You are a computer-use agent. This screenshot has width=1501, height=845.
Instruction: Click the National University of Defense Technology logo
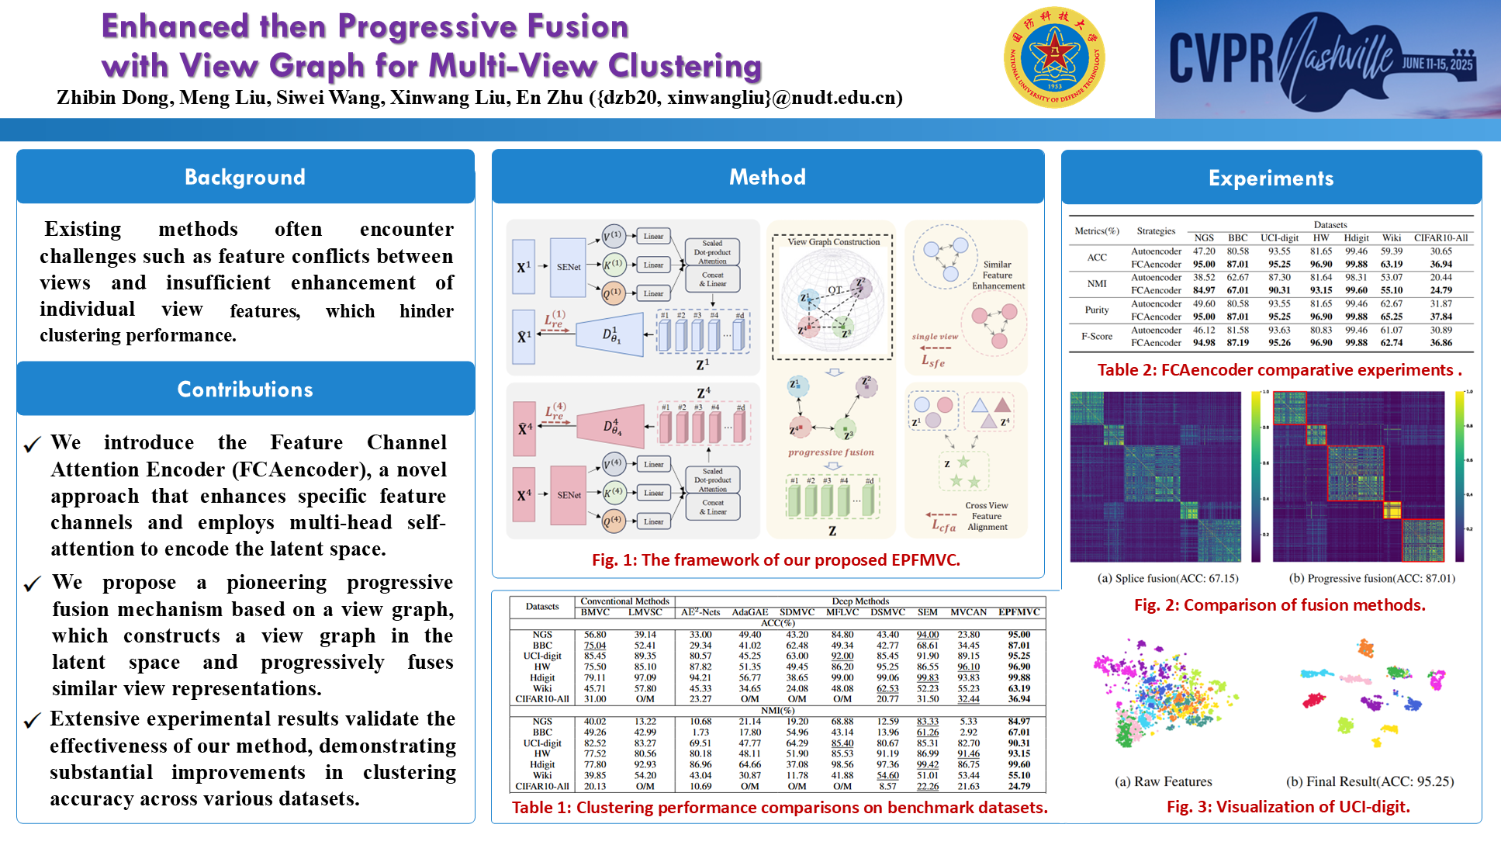point(1053,57)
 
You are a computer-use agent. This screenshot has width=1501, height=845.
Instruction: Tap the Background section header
point(245,177)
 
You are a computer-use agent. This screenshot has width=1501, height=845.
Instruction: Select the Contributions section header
point(245,389)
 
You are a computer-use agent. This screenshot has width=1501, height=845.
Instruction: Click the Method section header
point(767,177)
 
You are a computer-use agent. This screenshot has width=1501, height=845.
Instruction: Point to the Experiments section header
point(1271,178)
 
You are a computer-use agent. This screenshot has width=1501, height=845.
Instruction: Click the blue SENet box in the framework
point(569,267)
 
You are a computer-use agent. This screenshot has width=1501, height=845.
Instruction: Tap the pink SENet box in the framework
point(569,495)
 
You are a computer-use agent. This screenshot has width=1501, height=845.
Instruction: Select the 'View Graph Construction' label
point(834,242)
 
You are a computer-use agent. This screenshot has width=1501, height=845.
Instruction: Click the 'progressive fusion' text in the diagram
point(831,452)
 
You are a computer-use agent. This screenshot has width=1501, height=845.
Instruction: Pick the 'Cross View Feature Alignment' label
point(987,516)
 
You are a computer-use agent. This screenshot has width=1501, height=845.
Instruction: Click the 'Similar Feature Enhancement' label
point(998,275)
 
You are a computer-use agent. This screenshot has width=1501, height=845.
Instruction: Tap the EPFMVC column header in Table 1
point(1019,612)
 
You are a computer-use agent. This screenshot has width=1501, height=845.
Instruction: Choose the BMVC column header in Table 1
point(595,612)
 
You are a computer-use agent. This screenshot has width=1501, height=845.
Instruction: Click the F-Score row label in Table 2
point(1097,336)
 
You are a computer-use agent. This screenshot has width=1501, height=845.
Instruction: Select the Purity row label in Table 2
point(1097,310)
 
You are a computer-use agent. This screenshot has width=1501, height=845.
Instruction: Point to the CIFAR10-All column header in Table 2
point(1440,238)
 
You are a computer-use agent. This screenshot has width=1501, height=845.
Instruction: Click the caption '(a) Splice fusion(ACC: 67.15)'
point(1167,578)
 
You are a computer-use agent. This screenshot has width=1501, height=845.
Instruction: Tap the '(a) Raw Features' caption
point(1163,781)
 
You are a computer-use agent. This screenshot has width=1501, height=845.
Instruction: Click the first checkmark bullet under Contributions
point(32,445)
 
